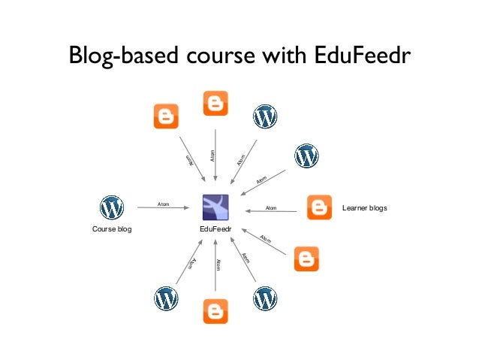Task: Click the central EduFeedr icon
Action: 215,207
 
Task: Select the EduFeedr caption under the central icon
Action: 215,228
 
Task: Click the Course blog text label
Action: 112,228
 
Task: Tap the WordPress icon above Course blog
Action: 112,207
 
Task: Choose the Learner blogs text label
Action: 364,207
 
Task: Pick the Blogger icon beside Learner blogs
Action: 320,207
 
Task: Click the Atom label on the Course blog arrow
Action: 163,204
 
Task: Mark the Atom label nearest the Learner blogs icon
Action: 271,208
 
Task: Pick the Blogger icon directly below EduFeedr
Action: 215,310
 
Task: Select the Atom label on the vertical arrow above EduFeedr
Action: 212,155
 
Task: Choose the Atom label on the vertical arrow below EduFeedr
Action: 218,265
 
